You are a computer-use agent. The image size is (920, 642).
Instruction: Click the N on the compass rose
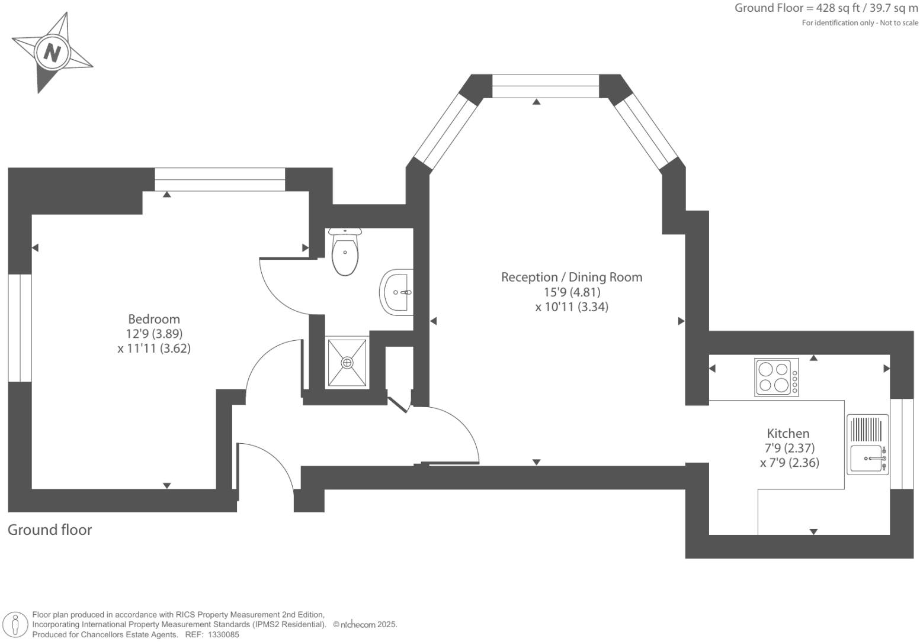[x=53, y=53]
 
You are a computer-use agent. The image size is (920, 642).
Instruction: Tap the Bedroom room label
[x=154, y=319]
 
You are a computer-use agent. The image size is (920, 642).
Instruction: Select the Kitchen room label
[x=788, y=433]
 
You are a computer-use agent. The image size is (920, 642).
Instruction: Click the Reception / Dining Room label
[x=572, y=277]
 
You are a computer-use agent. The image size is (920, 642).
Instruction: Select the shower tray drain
[x=347, y=362]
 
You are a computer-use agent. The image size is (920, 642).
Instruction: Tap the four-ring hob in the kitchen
[x=776, y=377]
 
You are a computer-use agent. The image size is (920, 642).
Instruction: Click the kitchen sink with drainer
[x=868, y=444]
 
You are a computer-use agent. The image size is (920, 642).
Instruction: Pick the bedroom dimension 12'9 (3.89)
[x=154, y=334]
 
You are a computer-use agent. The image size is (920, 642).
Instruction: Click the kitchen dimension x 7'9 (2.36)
[x=789, y=463]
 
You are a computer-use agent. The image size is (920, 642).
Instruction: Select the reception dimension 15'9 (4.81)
[x=572, y=292]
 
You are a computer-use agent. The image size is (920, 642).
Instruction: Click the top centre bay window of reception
[x=546, y=86]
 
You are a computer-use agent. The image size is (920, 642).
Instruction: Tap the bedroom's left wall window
[x=20, y=328]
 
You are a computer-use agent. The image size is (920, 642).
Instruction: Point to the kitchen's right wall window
[x=902, y=444]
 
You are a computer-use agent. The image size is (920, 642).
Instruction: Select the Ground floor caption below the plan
[x=50, y=530]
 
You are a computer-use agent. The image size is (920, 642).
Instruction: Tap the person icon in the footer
[x=16, y=624]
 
